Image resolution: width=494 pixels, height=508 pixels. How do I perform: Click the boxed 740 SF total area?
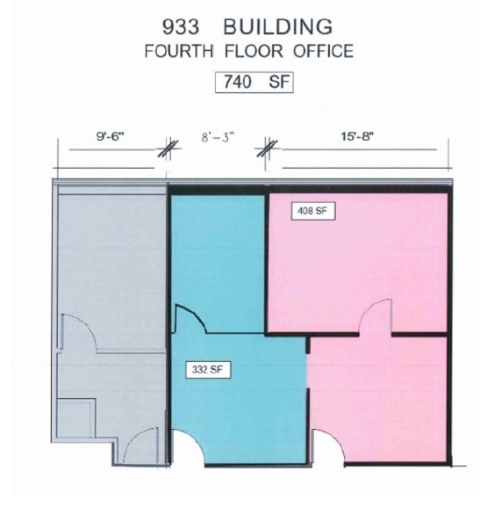point(254,83)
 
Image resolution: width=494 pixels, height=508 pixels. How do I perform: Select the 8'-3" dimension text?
point(215,137)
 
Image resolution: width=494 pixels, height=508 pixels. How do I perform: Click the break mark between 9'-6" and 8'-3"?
point(165,149)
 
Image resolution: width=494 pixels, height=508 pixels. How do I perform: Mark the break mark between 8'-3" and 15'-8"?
point(267,149)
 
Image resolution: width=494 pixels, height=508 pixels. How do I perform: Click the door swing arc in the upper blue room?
point(190,318)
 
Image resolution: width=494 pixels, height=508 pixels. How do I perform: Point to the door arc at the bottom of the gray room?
point(140,447)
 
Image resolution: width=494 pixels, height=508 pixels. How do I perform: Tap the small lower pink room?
point(377,396)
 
